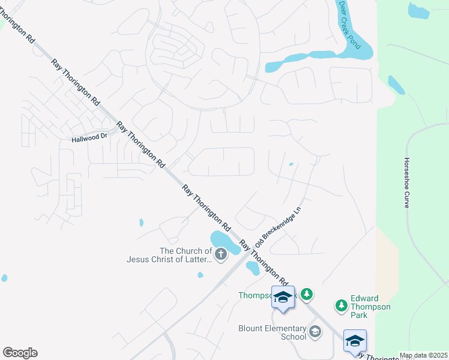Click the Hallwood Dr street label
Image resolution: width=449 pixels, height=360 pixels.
click(x=88, y=137)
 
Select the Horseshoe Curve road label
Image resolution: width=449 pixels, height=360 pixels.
click(x=407, y=183)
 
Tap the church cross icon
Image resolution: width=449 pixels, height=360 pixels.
click(x=221, y=254)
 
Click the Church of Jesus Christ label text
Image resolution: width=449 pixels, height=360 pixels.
click(x=169, y=256)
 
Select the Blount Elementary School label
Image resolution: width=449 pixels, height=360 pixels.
click(x=272, y=332)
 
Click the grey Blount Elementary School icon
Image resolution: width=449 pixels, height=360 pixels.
click(x=315, y=331)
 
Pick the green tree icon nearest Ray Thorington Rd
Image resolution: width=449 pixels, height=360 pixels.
click(x=307, y=294)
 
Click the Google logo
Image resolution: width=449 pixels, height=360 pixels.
click(x=20, y=353)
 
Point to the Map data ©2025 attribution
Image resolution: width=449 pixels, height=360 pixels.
click(x=423, y=356)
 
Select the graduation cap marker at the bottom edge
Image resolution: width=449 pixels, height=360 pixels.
click(x=355, y=340)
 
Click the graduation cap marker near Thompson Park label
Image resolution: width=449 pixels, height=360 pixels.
click(x=283, y=296)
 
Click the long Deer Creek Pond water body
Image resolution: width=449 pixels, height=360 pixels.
click(x=324, y=56)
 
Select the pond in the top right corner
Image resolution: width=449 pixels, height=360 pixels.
click(x=418, y=10)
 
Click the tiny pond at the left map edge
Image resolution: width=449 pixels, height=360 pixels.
click(x=4, y=278)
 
